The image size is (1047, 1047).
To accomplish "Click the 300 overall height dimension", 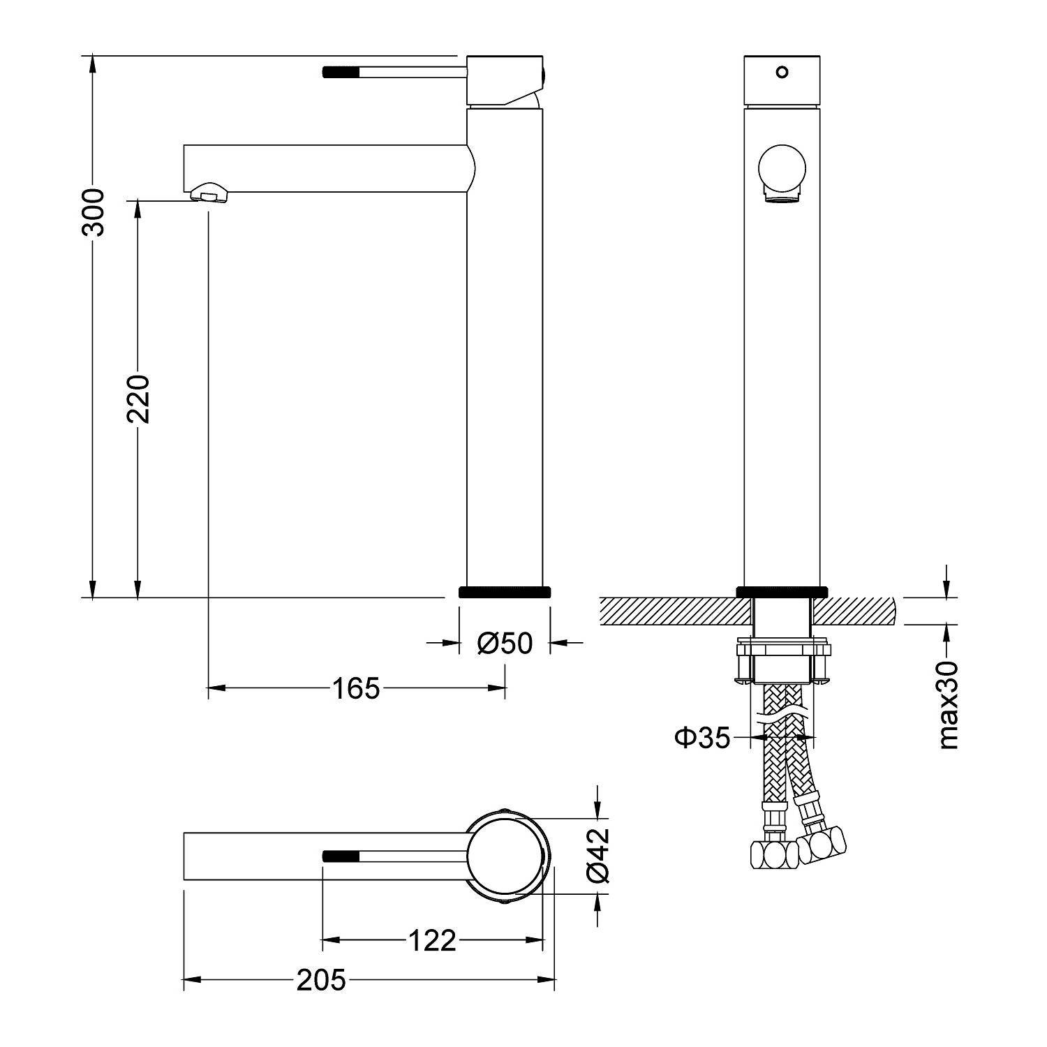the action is tap(93, 212).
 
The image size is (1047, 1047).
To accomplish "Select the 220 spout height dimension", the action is tap(138, 399).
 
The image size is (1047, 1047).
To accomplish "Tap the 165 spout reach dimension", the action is tap(355, 688).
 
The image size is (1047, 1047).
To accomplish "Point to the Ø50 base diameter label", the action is tap(505, 643).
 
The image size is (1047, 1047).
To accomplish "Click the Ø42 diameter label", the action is tap(599, 855).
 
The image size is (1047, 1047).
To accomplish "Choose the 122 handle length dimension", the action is tap(431, 941).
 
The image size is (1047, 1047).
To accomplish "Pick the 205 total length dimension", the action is tap(321, 981).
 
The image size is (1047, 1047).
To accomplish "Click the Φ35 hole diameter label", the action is tap(703, 737).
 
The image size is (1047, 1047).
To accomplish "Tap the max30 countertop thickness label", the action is tap(948, 704).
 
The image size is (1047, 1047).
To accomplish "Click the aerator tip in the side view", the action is tap(209, 192).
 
